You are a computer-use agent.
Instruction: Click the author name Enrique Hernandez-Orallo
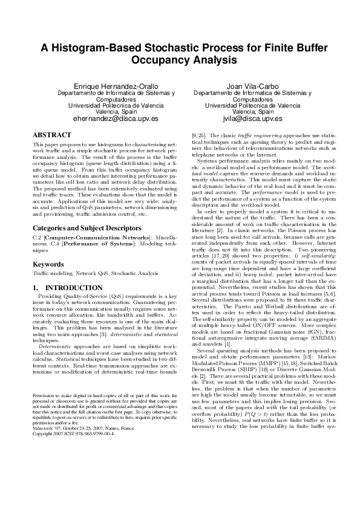[113, 86]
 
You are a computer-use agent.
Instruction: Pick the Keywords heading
[49, 264]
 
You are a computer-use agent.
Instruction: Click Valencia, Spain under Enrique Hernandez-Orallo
[113, 112]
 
